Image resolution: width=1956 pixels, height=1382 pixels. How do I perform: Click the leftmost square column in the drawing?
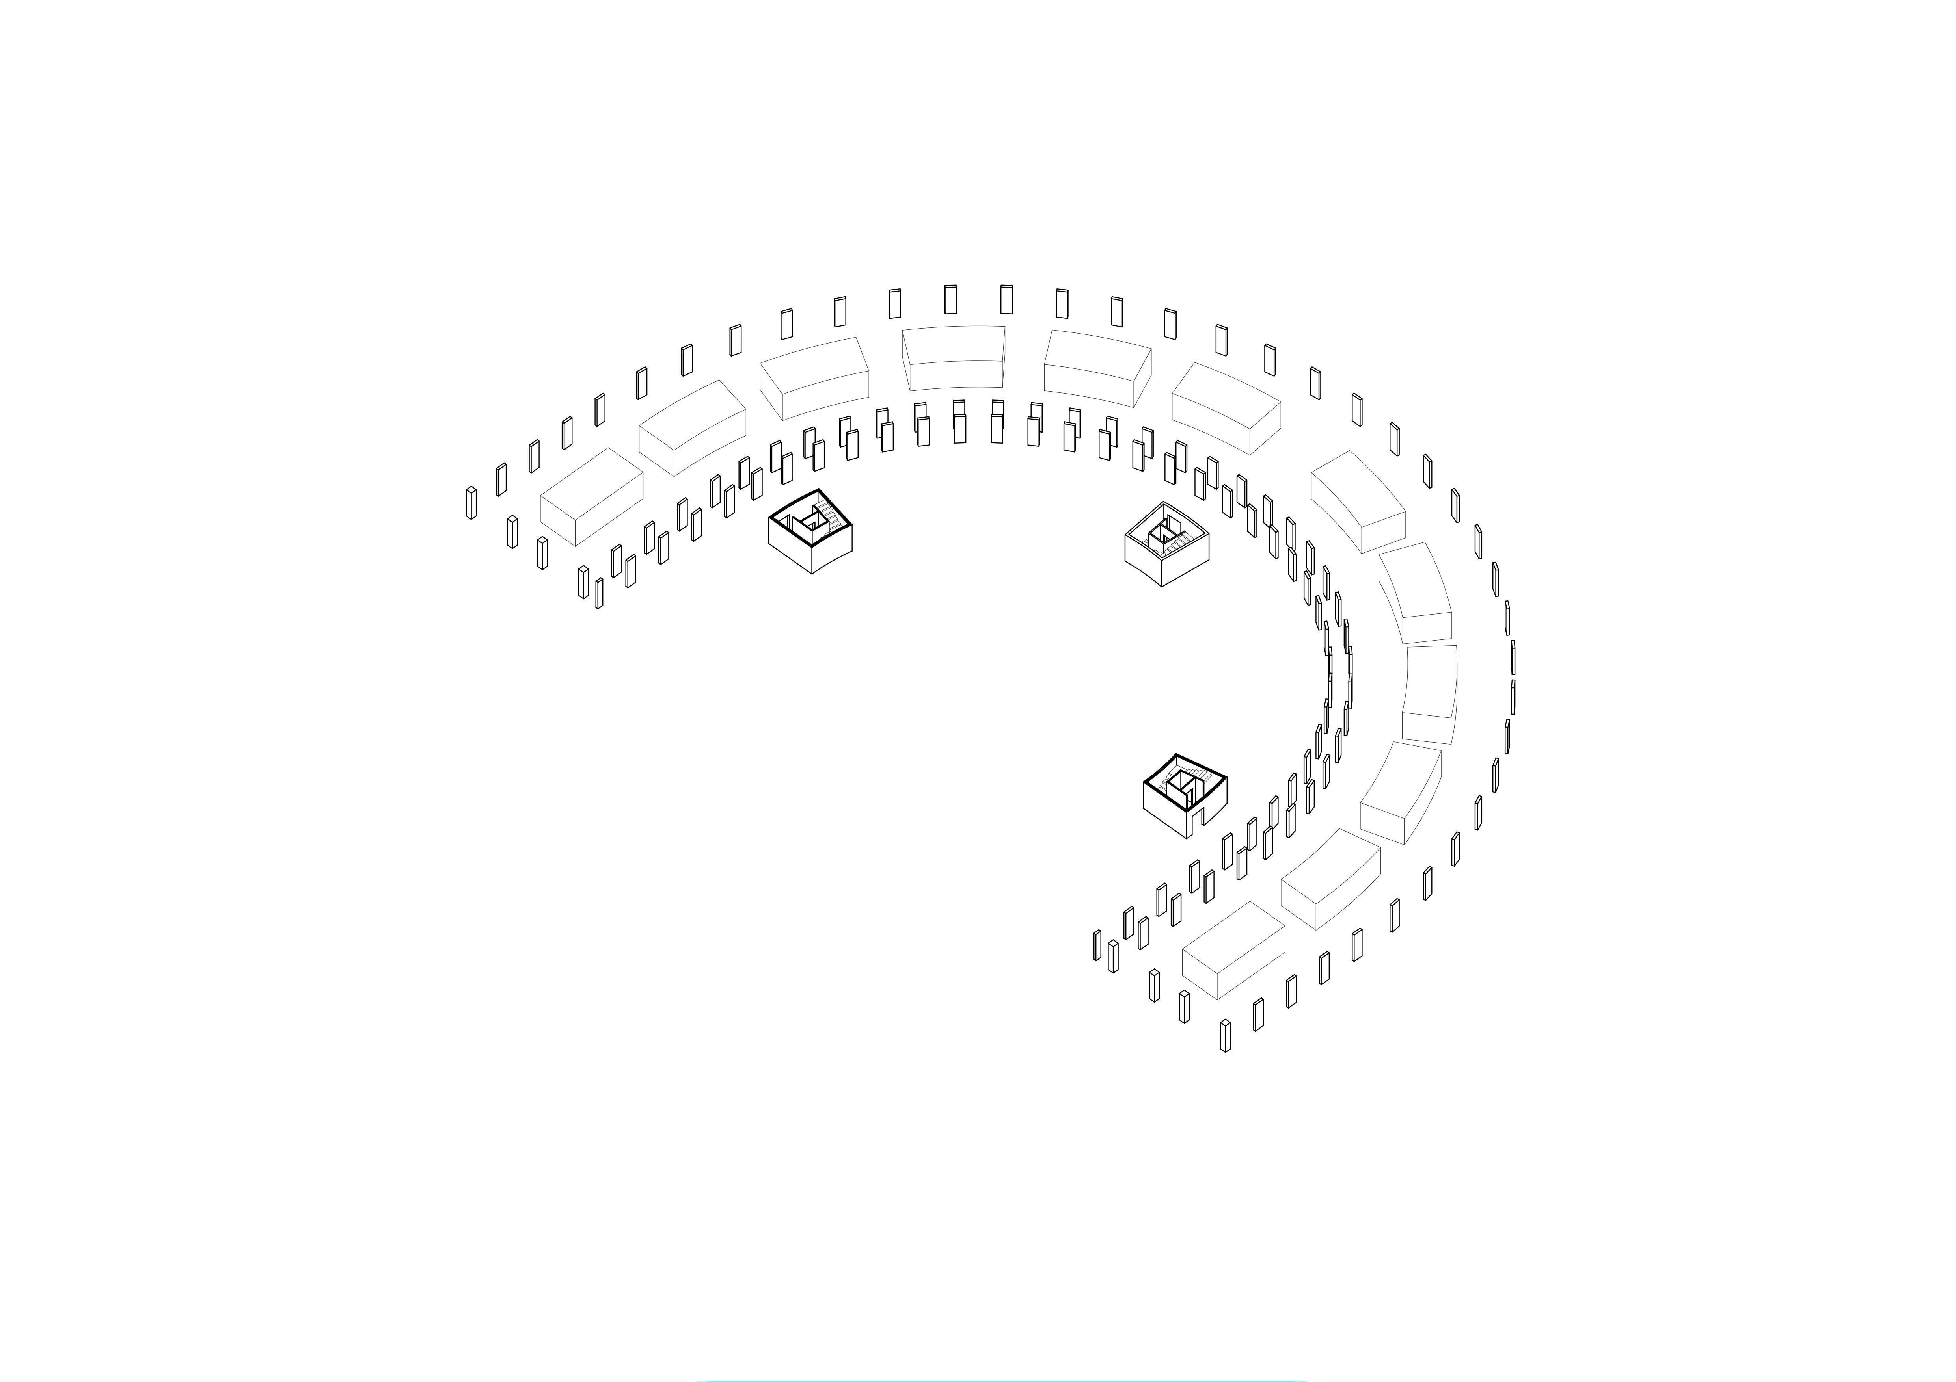click(x=471, y=502)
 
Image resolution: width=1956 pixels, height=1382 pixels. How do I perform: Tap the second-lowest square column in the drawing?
click(x=1184, y=1007)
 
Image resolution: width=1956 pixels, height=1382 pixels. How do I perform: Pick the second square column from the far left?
click(x=512, y=531)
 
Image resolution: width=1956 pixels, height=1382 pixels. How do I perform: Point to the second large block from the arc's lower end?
click(x=1330, y=878)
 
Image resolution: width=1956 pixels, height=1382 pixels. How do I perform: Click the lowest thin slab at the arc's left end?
click(x=599, y=594)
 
